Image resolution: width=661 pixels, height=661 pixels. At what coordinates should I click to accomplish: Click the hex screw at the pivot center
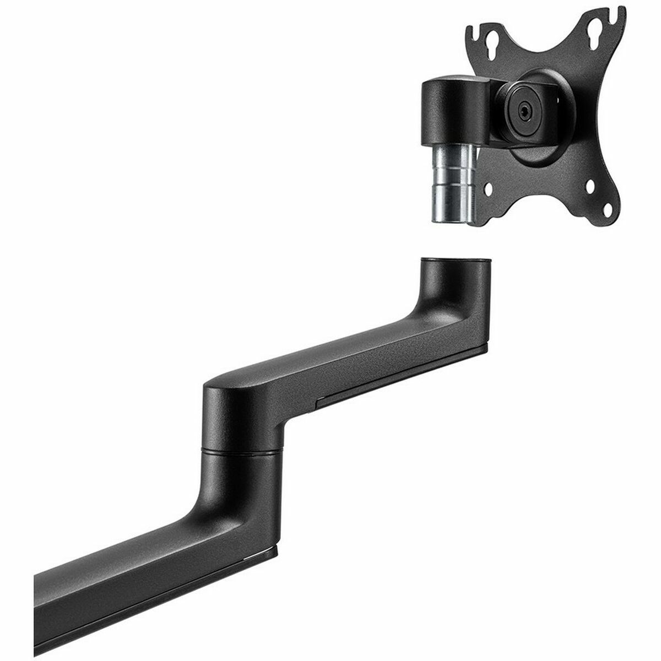(523, 110)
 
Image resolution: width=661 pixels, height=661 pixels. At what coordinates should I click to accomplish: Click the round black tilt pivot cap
(523, 110)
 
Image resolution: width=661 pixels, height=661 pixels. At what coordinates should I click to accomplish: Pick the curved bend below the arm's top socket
(441, 308)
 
